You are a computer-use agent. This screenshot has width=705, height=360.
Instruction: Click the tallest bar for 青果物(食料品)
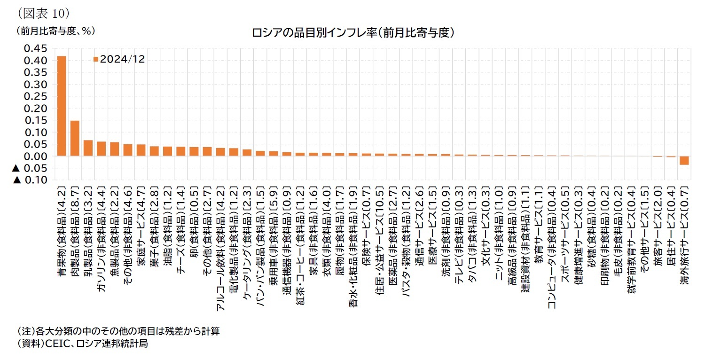62,106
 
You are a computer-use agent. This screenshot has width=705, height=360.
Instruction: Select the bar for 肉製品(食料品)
75,138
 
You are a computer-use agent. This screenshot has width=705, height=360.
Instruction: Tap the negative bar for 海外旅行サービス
684,160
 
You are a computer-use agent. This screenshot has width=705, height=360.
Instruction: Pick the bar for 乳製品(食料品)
88,148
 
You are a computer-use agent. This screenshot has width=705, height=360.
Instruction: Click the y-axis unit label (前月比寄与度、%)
56,31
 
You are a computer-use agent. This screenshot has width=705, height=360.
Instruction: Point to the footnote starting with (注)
118,331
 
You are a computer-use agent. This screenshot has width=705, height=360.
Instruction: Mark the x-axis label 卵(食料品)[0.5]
194,214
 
